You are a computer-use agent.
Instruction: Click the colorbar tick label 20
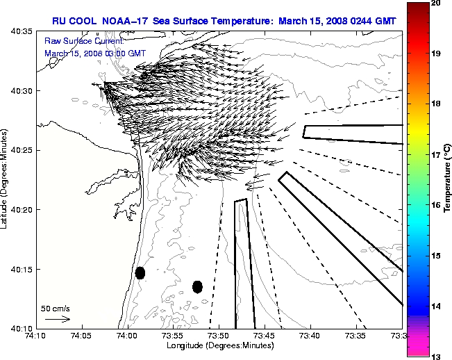click(437, 3)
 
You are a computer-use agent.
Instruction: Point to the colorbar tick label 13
click(437, 356)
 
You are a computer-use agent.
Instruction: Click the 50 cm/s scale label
click(56, 308)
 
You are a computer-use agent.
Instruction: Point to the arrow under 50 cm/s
click(58, 319)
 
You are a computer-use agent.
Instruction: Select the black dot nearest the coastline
click(140, 272)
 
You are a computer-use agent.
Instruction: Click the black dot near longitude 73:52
click(197, 286)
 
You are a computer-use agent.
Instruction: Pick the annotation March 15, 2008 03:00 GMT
click(95, 53)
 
